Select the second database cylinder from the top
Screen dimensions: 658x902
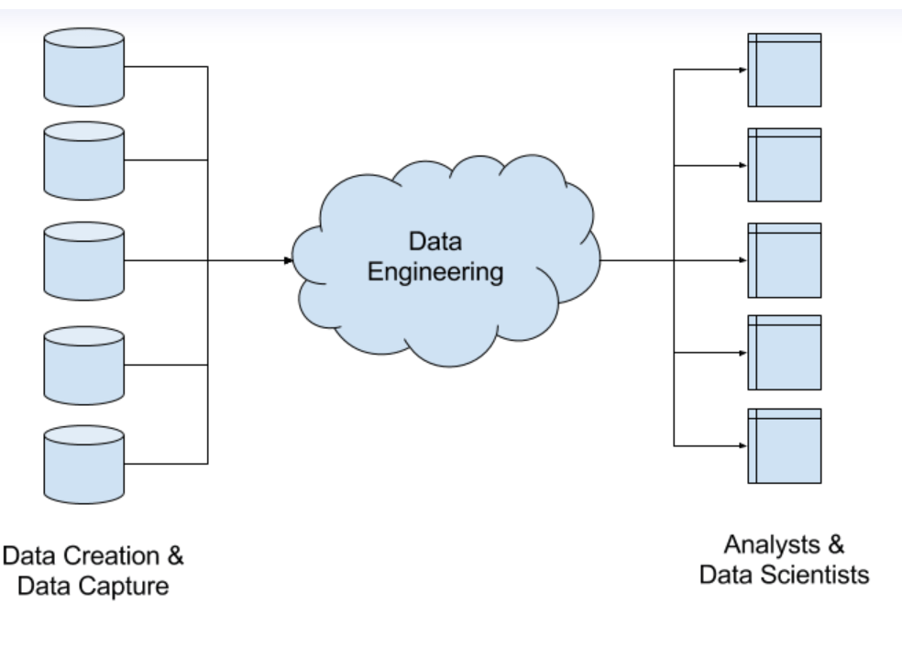83,161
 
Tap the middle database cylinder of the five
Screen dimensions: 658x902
83,261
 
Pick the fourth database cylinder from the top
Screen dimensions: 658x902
83,366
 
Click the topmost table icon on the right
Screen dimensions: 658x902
784,70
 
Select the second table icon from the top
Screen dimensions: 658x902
784,165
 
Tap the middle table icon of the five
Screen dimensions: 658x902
784,260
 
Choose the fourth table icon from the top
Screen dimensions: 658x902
784,353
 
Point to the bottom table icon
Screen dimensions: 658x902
784,445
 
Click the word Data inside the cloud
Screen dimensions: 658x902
434,243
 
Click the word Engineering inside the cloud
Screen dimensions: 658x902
435,273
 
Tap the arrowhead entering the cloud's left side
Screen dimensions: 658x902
289,261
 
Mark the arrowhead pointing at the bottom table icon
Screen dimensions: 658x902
742,446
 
